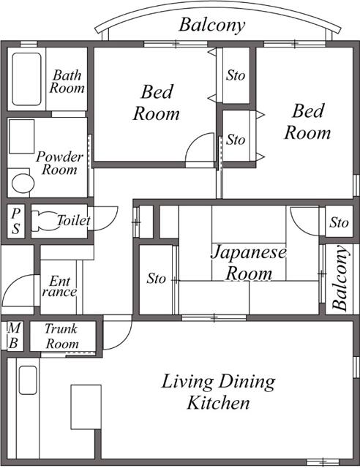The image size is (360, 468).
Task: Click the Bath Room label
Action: click(67, 81)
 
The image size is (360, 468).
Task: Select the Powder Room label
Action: click(59, 163)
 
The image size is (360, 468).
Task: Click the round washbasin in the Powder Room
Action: click(22, 182)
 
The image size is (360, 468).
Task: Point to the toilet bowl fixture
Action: click(45, 221)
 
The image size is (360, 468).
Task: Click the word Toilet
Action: click(73, 220)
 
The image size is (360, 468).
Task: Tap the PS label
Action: click(15, 220)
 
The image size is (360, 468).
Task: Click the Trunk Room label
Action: click(61, 336)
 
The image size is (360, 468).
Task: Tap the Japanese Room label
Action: click(250, 263)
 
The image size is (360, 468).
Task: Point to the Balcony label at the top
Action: click(211, 25)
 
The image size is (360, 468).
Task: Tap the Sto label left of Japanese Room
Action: click(156, 279)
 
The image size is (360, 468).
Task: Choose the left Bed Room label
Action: click(157, 103)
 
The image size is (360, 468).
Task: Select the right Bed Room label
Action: click(307, 121)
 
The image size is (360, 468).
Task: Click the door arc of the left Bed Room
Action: click(199, 151)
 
